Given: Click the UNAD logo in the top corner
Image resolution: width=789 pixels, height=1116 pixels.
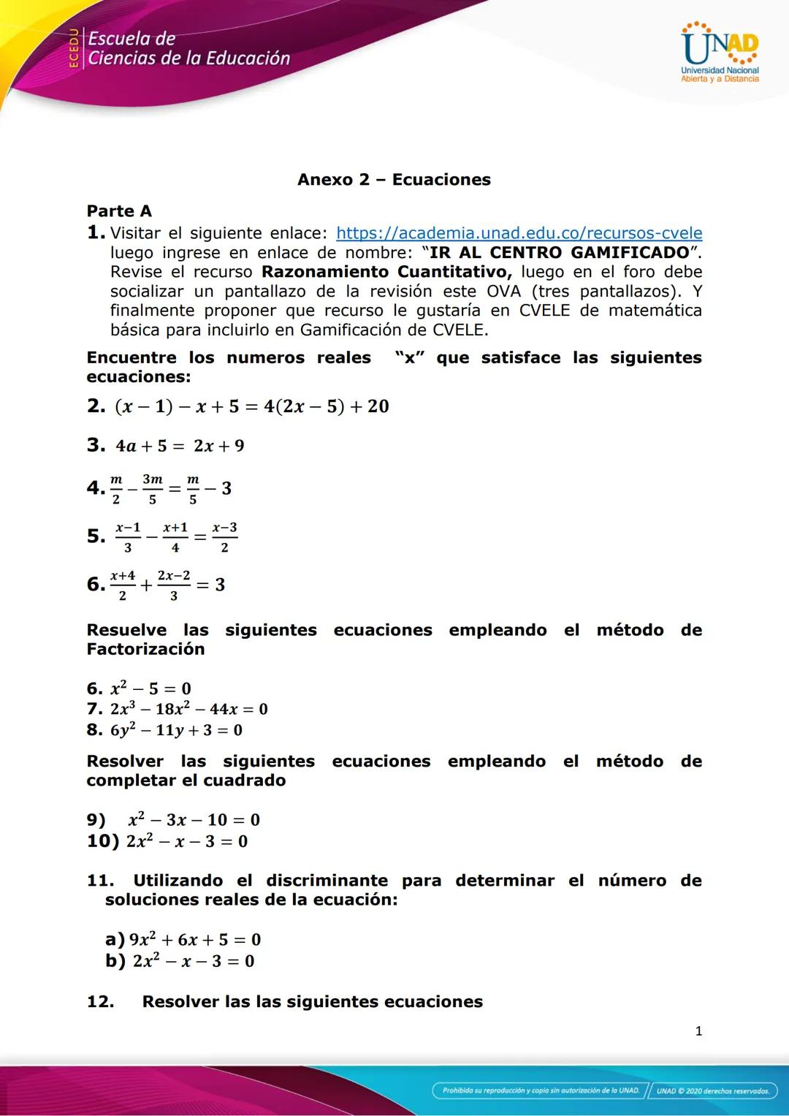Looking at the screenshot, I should point(720,52).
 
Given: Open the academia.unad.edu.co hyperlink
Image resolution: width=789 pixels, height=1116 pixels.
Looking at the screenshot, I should point(519,233).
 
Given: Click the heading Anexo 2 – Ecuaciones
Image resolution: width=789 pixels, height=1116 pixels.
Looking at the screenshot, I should point(394,180).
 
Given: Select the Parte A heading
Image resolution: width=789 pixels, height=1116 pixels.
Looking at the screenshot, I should point(119,211).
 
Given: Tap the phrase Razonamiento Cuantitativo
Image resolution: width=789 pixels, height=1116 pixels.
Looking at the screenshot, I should point(386,272).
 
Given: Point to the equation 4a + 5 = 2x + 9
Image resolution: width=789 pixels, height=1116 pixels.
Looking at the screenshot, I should point(180,446).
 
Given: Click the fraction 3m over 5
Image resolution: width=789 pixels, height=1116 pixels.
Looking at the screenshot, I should point(153,488).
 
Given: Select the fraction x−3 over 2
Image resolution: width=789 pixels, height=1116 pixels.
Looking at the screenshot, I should point(224,536).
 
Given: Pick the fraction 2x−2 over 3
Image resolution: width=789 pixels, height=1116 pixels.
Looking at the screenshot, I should point(173,585).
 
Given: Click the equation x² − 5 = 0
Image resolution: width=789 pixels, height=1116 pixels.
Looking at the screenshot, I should point(150,688).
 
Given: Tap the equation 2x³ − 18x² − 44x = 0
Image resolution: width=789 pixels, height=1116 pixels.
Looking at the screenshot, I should point(188,709).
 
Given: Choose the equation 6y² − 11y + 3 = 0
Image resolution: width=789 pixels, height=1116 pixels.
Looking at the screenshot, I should point(176,730).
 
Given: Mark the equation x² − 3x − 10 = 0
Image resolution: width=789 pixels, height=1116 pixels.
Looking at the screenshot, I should point(194,820).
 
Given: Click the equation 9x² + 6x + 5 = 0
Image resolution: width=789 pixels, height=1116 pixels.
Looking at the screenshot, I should point(194,940).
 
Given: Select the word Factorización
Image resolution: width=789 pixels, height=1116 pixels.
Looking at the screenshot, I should point(145,649).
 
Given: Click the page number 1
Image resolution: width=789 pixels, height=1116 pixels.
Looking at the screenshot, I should point(698,1031).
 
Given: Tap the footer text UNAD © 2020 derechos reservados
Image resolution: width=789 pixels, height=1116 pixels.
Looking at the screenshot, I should point(712,1091).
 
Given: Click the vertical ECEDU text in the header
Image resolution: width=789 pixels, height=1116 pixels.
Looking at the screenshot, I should point(73,48).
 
